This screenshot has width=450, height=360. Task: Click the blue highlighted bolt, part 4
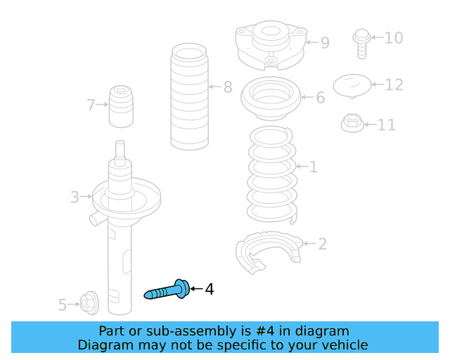[x=167, y=290]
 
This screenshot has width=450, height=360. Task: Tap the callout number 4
[x=209, y=289]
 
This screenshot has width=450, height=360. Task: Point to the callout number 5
[x=62, y=304]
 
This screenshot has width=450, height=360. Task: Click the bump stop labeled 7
[x=121, y=106]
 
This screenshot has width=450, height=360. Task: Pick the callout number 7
[x=91, y=105]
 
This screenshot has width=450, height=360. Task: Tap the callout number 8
[x=227, y=87]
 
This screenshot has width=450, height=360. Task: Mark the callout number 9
[x=324, y=43]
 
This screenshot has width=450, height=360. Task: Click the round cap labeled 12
[x=352, y=86]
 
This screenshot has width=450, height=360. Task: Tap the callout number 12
[x=394, y=84]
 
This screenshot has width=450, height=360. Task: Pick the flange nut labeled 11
[x=352, y=123]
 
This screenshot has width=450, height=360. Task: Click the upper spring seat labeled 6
[x=271, y=100]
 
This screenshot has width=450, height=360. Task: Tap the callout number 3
[x=75, y=198]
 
